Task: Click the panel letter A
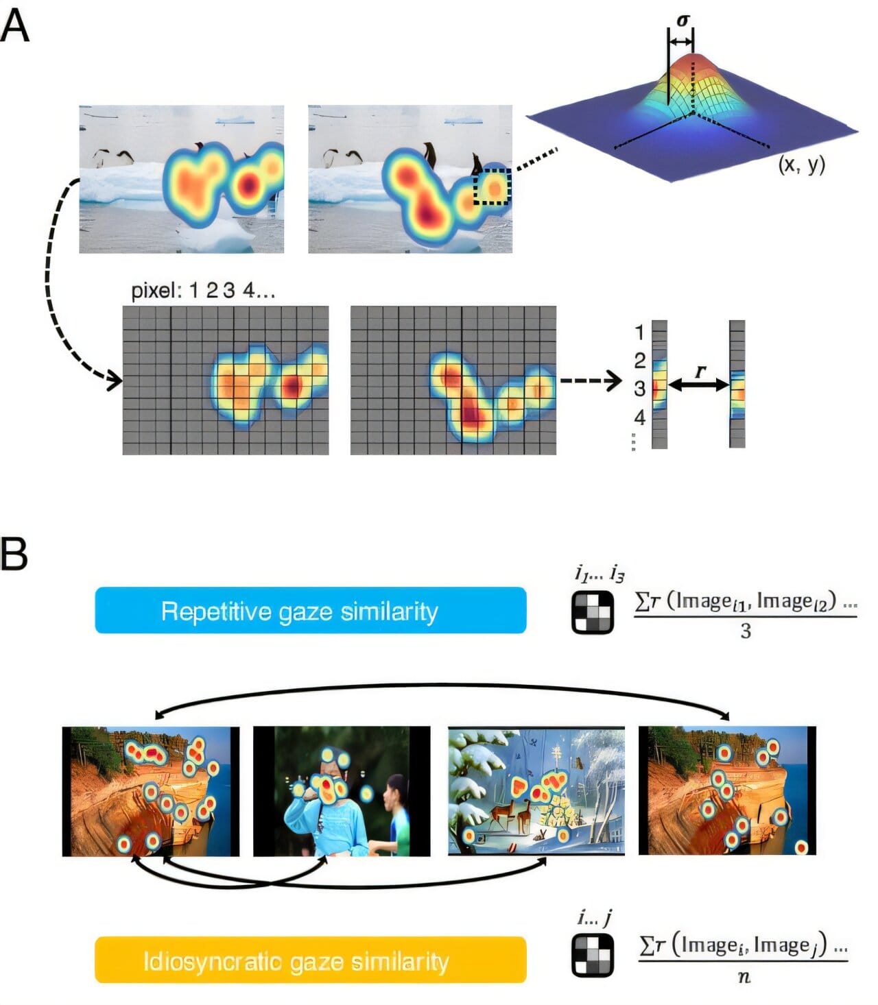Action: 15,27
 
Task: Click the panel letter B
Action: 14,554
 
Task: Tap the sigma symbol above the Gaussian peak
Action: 682,21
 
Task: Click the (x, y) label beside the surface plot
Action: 801,165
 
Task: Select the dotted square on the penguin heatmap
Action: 492,186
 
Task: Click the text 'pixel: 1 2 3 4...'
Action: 203,291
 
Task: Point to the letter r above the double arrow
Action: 700,371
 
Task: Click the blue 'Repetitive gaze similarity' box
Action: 310,610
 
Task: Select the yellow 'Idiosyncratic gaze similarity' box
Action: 310,960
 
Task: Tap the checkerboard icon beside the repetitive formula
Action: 593,612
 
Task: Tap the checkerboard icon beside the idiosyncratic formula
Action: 593,955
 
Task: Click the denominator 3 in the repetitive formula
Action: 746,631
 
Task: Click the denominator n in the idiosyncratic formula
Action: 744,977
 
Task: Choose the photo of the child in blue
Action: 342,791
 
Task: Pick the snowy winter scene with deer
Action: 536,791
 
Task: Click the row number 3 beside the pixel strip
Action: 639,389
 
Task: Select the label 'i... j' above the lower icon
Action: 594,917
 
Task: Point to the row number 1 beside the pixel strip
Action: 639,333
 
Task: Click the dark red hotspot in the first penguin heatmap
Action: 248,184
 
